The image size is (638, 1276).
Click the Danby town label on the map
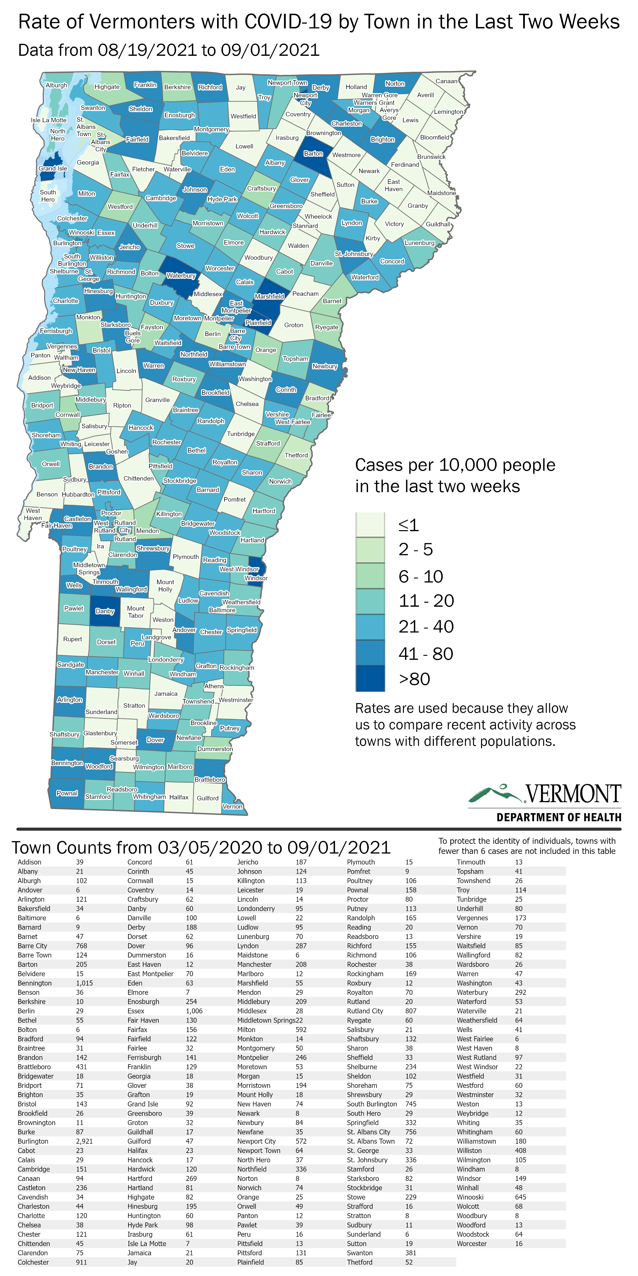[x=105, y=611]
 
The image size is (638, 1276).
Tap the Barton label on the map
[x=313, y=154]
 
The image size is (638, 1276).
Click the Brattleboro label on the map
[x=210, y=780]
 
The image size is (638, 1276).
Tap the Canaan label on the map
[x=446, y=81]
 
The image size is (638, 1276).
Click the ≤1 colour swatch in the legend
[x=370, y=525]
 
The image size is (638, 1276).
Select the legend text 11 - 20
[x=427, y=601]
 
